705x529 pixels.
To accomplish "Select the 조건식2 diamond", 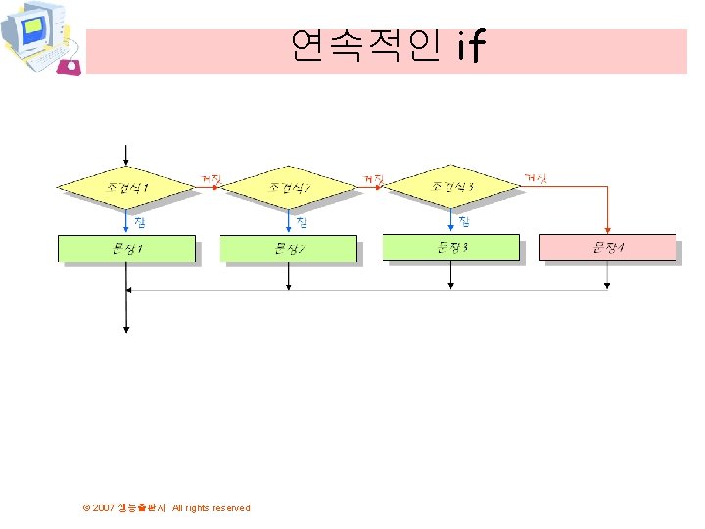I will click(289, 186).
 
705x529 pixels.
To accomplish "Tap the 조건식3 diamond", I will click(450, 185).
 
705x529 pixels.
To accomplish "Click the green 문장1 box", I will click(126, 248).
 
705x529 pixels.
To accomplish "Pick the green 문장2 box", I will click(289, 248).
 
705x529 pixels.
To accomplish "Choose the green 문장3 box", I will click(450, 247).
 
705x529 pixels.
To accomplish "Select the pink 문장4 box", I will click(607, 247).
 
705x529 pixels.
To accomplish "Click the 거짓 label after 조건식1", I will click(211, 178).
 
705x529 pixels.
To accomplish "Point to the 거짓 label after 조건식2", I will click(373, 178).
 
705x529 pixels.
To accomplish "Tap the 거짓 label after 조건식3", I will click(536, 177).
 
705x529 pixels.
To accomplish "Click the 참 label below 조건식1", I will click(140, 221).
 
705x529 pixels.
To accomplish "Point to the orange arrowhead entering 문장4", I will click(607, 230).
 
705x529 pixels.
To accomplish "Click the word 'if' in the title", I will click(470, 46).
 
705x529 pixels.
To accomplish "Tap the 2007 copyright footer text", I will click(166, 507).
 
